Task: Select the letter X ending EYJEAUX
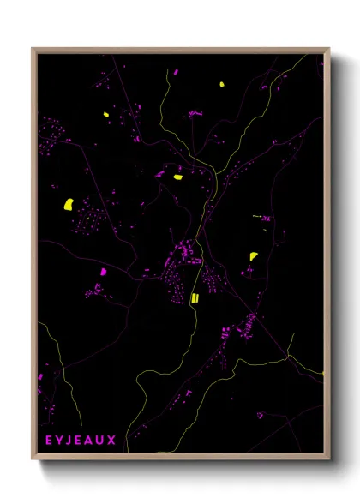tap(111, 440)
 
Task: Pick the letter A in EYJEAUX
tap(92, 440)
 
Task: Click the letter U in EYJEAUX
tap(102, 440)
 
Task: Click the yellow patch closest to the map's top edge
tap(221, 85)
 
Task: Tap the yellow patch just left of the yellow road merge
tap(178, 177)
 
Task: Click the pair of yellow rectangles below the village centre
tap(195, 297)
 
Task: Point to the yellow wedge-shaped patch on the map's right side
tap(254, 255)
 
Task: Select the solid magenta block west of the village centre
tap(104, 272)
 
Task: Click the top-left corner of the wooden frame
tap(33, 49)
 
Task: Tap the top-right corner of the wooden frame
tap(330, 49)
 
